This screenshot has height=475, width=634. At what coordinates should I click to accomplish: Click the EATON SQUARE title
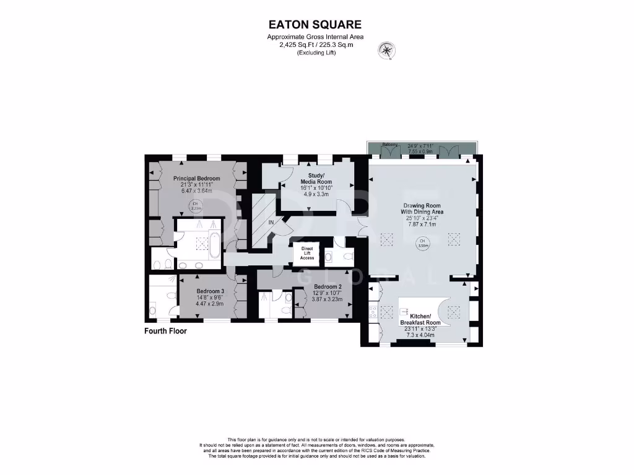tap(315, 25)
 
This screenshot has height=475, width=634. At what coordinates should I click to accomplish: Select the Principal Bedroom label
tap(196, 179)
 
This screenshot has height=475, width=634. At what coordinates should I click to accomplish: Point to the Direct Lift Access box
tap(308, 253)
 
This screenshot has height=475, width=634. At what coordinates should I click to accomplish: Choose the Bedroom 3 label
tap(210, 291)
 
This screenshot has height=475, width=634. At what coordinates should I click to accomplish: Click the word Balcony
tap(389, 145)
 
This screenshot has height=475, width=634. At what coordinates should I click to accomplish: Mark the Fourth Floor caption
tap(165, 332)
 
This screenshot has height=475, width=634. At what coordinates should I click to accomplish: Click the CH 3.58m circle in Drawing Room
tap(423, 244)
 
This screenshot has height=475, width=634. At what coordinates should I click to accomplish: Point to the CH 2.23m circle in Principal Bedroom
tap(196, 206)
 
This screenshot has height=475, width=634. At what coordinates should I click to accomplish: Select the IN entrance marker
tap(271, 221)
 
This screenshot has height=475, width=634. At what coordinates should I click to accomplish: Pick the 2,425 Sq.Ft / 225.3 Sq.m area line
tap(315, 45)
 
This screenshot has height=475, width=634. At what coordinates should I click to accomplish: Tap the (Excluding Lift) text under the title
tap(315, 52)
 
